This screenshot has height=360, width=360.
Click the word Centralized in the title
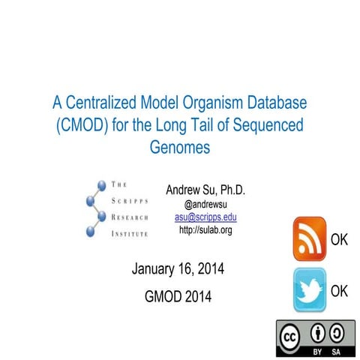point(102,100)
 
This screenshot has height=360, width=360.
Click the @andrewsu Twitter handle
point(205,203)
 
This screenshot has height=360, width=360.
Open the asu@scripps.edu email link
point(205,216)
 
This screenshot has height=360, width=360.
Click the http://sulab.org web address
point(205,229)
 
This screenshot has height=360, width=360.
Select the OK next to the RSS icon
point(339,240)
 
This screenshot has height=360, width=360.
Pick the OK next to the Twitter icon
point(339,291)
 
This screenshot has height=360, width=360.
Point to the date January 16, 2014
point(177,268)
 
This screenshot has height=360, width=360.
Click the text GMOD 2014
point(178,296)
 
